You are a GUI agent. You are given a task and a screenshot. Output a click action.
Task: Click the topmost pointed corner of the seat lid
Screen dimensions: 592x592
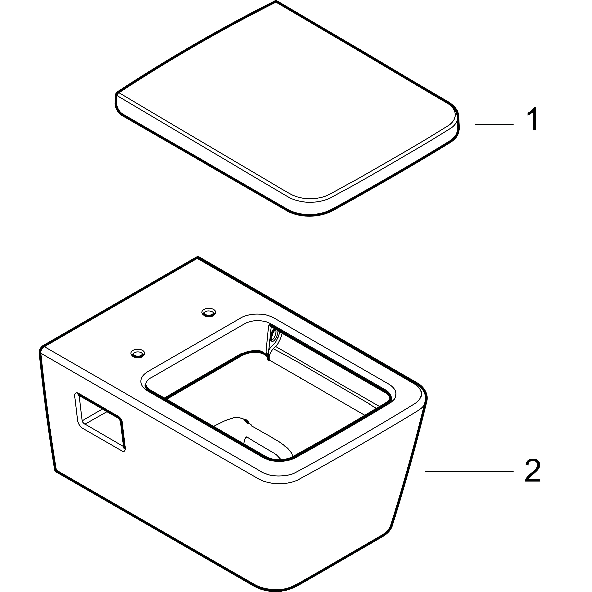(276, 2)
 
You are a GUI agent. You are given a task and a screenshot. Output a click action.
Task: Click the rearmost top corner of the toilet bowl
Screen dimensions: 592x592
(198, 257)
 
